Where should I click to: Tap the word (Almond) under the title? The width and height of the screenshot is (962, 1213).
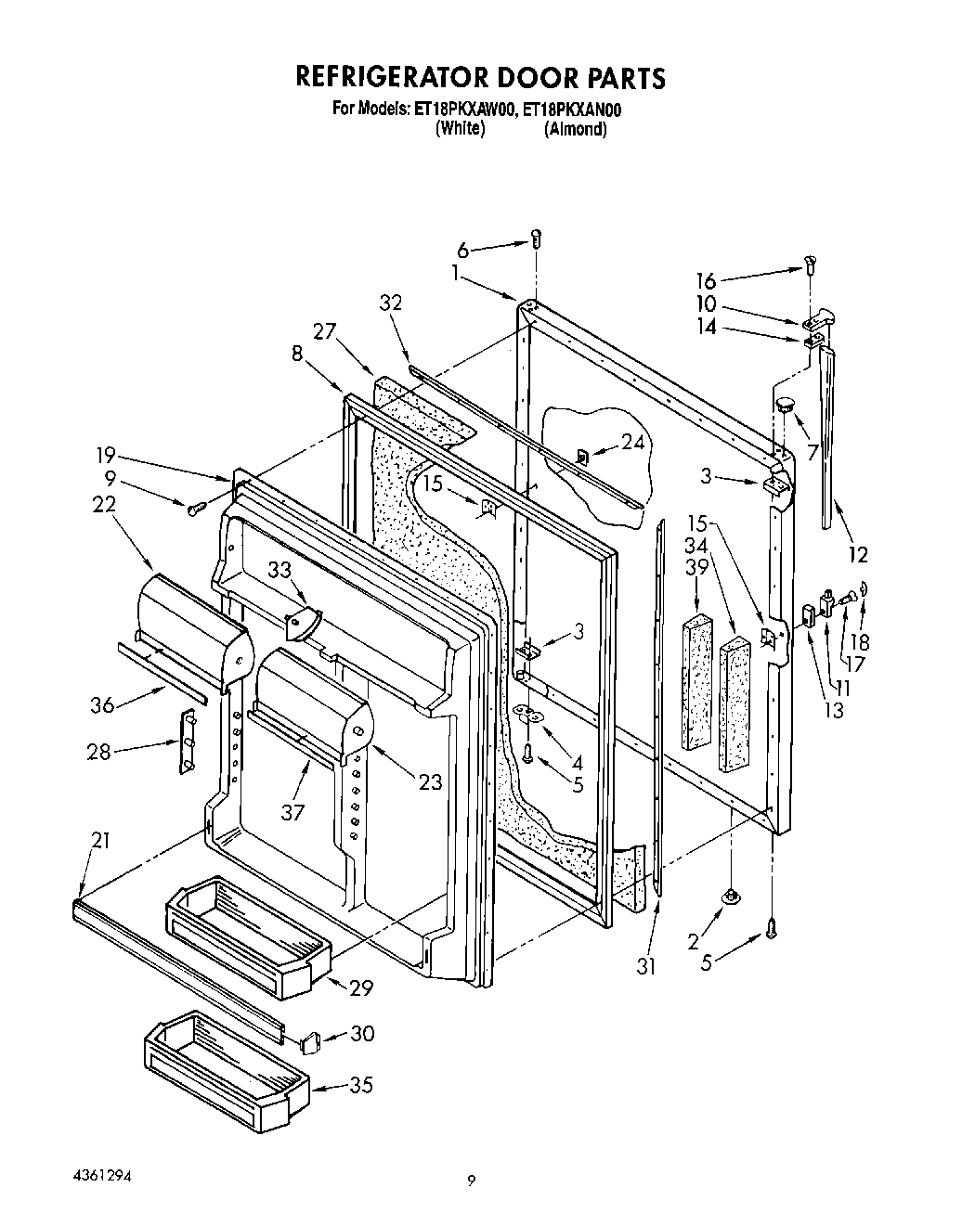(x=576, y=129)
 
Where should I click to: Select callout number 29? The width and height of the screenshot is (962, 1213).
(x=361, y=987)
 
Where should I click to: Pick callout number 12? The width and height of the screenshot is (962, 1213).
(x=857, y=554)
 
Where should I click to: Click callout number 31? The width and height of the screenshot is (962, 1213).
(x=646, y=966)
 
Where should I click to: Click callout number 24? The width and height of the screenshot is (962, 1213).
(x=632, y=443)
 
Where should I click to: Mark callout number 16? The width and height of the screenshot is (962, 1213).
(x=706, y=280)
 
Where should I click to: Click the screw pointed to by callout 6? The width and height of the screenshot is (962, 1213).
(x=537, y=239)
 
